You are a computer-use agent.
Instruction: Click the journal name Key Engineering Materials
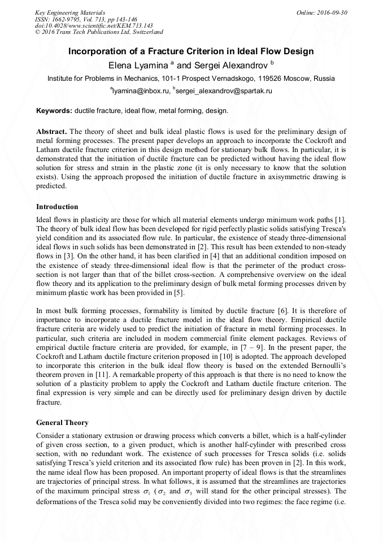[70, 12]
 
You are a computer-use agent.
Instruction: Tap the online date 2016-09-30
[328, 12]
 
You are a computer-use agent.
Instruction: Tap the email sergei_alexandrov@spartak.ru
[225, 90]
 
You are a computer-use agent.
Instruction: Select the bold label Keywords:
[54, 111]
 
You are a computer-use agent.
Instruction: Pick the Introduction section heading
[57, 207]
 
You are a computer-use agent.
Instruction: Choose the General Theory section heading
[62, 422]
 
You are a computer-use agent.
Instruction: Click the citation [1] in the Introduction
[341, 219]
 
